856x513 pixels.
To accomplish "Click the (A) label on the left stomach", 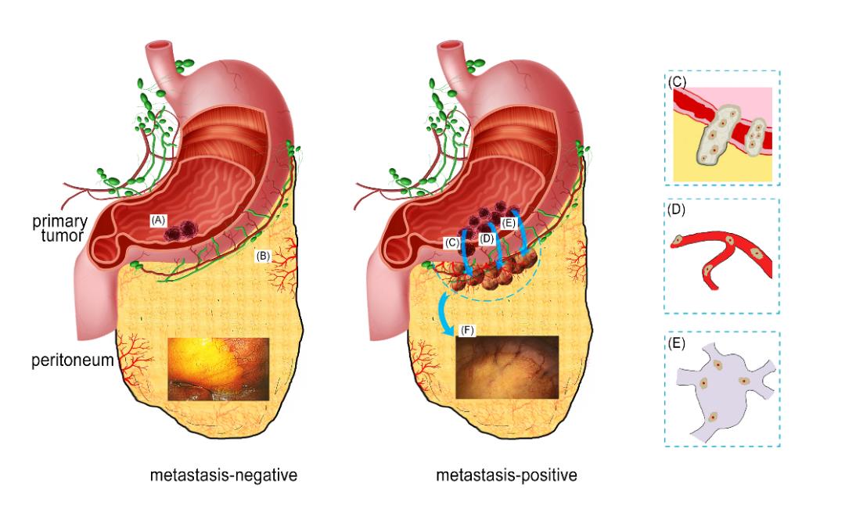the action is click(158, 221).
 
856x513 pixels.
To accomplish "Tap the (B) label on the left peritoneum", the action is click(263, 256).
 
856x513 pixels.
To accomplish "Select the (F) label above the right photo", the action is click(467, 330).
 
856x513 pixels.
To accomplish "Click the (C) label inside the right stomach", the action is click(452, 243).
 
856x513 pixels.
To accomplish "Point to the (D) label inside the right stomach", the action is click(487, 239).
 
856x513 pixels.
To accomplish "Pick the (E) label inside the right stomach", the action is click(508, 223).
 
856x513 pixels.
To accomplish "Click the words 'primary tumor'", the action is click(60, 228).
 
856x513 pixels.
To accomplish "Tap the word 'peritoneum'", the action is click(73, 361).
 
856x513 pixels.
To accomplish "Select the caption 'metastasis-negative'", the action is click(224, 475).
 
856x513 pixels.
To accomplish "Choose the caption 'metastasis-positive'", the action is click(506, 475).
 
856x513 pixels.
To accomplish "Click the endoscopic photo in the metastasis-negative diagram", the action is click(218, 369).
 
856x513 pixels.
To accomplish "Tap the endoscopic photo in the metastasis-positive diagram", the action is click(507, 367).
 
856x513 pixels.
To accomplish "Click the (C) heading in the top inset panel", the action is click(677, 82).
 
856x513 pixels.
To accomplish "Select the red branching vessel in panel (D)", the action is click(721, 258).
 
